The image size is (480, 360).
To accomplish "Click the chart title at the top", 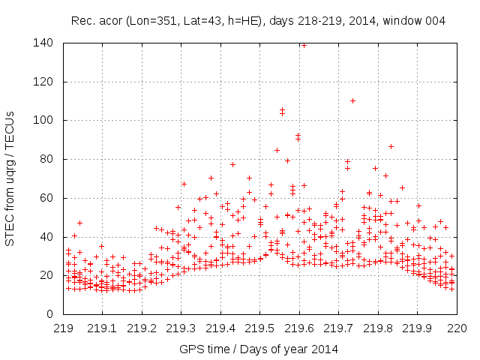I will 258,21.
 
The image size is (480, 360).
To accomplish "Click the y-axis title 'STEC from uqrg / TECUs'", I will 10,178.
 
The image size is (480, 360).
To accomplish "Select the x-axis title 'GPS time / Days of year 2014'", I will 258,349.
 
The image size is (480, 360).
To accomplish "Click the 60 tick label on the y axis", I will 46,198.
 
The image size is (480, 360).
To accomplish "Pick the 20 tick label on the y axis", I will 46,275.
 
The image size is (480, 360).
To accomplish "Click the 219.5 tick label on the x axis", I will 259,328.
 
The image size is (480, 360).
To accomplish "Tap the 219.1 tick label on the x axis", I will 102,328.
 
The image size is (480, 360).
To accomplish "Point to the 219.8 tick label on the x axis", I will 377,328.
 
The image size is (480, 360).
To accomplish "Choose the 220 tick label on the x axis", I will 456,328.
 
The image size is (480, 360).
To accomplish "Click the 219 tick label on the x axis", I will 63,328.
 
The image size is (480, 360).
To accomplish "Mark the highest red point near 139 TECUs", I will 304,44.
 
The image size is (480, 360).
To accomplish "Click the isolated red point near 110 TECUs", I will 352,100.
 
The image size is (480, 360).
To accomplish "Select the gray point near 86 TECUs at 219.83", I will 391,147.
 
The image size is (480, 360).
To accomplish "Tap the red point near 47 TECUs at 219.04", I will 79,223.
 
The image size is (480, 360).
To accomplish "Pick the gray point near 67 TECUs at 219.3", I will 183,184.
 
